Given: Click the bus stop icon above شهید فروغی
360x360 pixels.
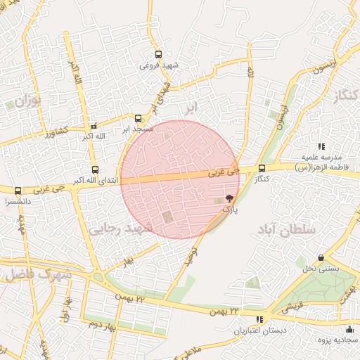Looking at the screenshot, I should click(x=159, y=53).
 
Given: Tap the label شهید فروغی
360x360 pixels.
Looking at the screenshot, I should click(x=160, y=65).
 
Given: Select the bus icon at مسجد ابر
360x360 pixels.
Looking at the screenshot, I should click(x=139, y=118).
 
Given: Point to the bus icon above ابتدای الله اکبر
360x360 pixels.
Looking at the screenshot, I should click(x=95, y=169).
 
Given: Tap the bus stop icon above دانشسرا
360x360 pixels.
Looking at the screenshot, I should click(x=18, y=191).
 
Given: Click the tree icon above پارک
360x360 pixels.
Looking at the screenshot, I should click(x=229, y=199).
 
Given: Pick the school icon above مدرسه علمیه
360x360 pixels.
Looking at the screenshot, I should click(x=321, y=146).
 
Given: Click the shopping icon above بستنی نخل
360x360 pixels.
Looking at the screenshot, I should click(x=321, y=258).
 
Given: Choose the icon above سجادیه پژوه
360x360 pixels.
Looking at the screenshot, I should click(x=349, y=330).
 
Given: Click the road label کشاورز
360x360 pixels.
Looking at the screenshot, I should click(x=53, y=131).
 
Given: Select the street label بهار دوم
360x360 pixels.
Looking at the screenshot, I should click(x=103, y=326).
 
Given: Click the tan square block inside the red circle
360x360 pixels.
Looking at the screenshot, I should click(x=167, y=217).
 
